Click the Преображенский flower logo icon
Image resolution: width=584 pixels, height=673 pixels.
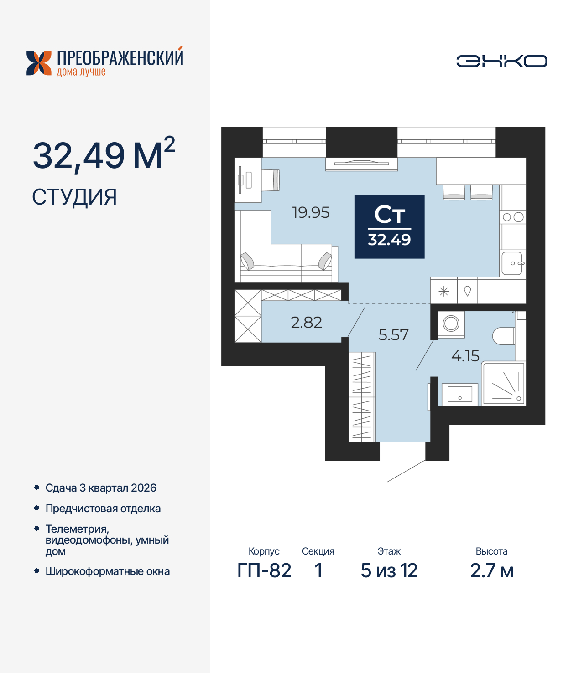pyautogui.click(x=39, y=63)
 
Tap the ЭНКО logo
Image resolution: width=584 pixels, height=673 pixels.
pyautogui.click(x=501, y=61)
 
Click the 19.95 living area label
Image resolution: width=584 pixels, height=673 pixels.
pyautogui.click(x=311, y=212)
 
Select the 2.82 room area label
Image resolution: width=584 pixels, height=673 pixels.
pyautogui.click(x=307, y=323)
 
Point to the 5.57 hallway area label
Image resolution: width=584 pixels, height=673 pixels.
pyautogui.click(x=393, y=335)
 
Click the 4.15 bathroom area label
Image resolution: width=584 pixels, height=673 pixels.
pyautogui.click(x=465, y=356)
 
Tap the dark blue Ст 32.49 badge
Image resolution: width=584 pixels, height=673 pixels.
pyautogui.click(x=390, y=226)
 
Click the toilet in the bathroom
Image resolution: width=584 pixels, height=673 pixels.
pyautogui.click(x=504, y=336)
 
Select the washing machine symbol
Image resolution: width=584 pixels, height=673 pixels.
pyautogui.click(x=451, y=324)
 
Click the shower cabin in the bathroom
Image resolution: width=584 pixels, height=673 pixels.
pyautogui.click(x=504, y=383)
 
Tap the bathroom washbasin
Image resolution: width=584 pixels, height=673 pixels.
pyautogui.click(x=459, y=394)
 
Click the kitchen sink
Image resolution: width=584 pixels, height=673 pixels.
pyautogui.click(x=512, y=263)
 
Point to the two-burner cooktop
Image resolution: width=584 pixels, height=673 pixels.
pyautogui.click(x=513, y=217)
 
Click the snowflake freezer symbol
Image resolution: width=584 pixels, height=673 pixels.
pyautogui.click(x=444, y=291)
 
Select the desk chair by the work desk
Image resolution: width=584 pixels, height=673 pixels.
pyautogui.click(x=276, y=180)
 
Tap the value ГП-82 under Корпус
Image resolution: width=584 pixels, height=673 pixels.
pyautogui.click(x=264, y=570)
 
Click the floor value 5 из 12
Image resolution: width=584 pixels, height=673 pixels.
pyautogui.click(x=389, y=570)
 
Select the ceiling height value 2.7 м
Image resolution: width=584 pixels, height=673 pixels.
pyautogui.click(x=491, y=570)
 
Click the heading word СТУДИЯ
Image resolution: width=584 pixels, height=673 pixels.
pyautogui.click(x=74, y=197)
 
